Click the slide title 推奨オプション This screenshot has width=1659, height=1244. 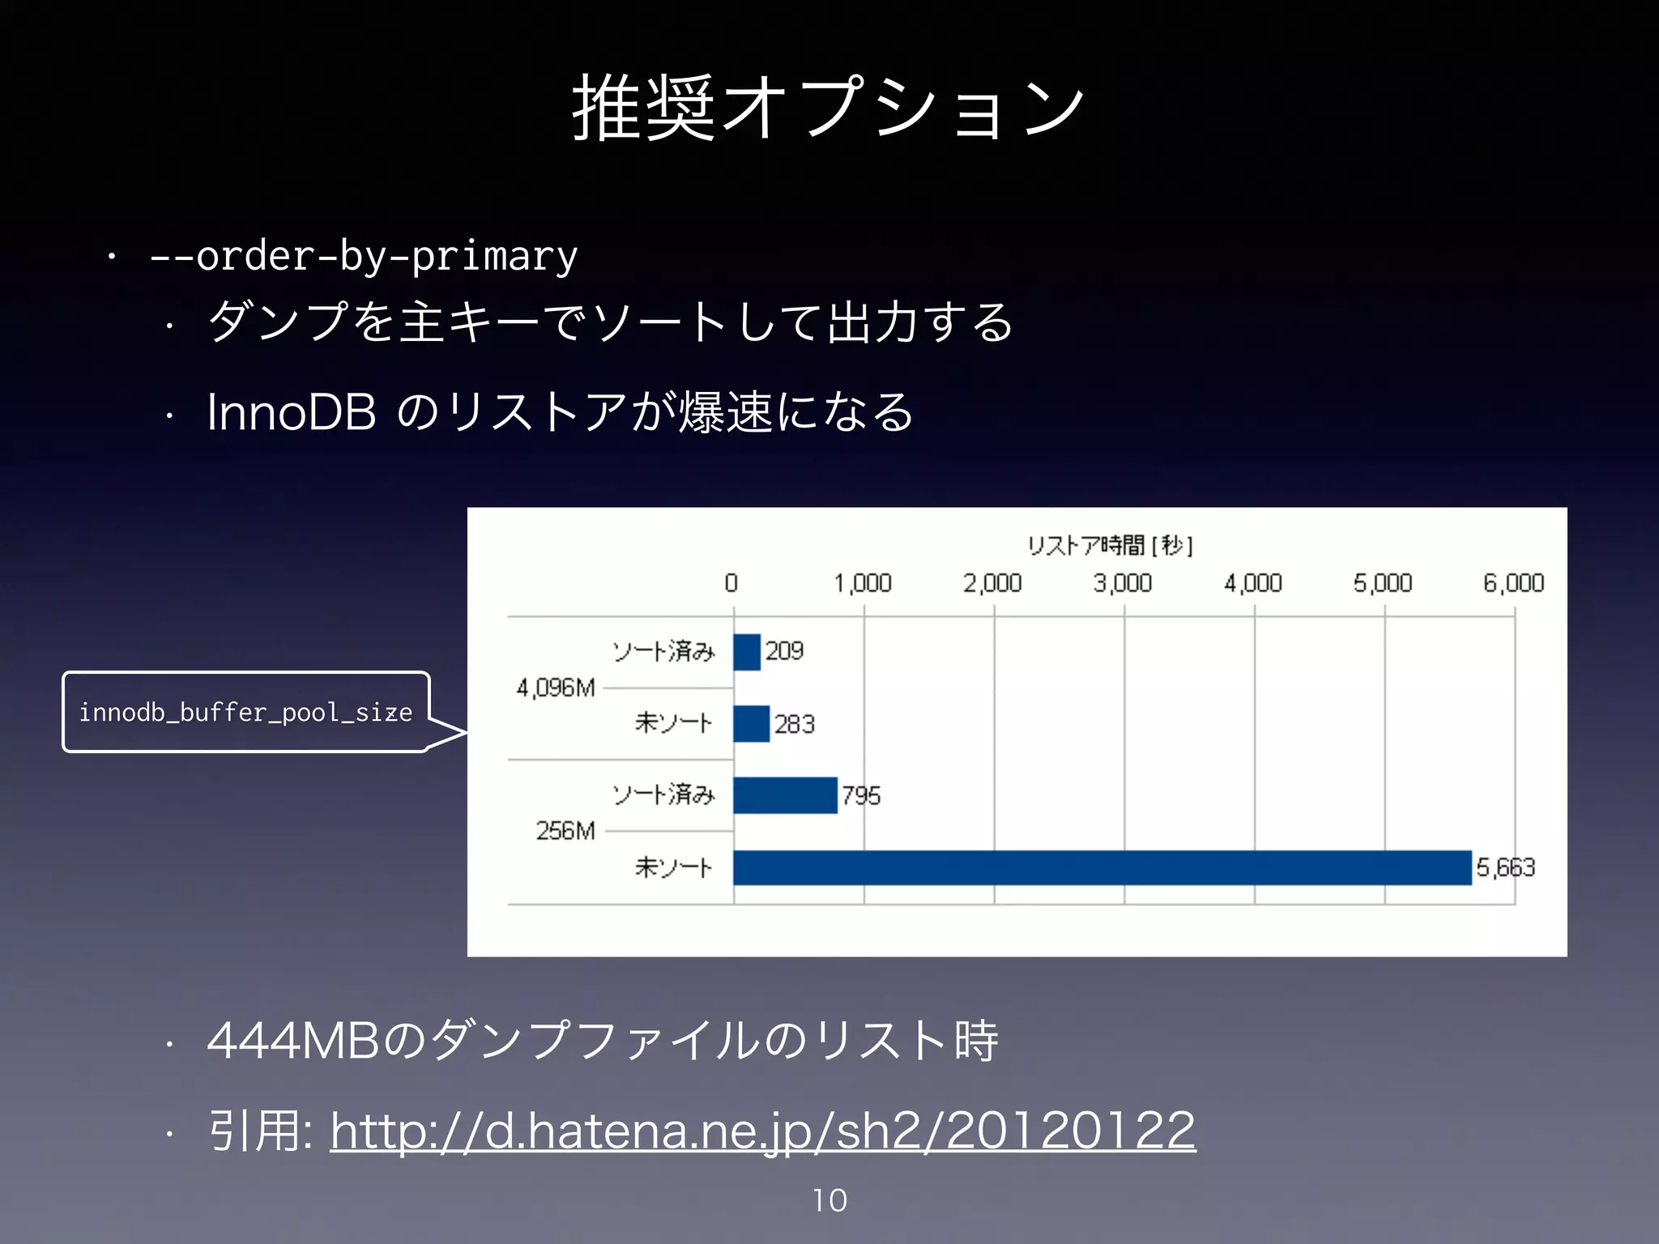click(x=828, y=109)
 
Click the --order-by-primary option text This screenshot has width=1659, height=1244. click(x=363, y=257)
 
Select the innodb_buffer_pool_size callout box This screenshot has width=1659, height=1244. click(x=245, y=712)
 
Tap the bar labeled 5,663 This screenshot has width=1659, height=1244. click(x=1102, y=867)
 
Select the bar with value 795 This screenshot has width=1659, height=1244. click(x=785, y=795)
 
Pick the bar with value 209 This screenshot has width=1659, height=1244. click(x=747, y=652)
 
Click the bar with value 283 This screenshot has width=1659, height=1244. click(x=751, y=723)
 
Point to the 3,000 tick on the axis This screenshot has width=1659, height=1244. click(x=1123, y=583)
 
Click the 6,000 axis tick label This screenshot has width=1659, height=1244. click(x=1513, y=583)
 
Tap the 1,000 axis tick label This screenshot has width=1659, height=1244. click(x=863, y=583)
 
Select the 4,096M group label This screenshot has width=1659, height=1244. click(x=556, y=688)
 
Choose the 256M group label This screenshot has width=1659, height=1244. click(x=565, y=831)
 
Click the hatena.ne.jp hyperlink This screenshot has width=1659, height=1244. click(x=762, y=1131)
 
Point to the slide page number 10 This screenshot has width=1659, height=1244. click(x=829, y=1200)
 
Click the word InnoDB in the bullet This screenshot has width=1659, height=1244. click(x=292, y=412)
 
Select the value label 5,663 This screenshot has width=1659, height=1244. click(x=1505, y=867)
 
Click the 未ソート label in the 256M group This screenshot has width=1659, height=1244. click(x=673, y=867)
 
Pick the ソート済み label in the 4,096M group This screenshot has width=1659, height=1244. click(x=663, y=652)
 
